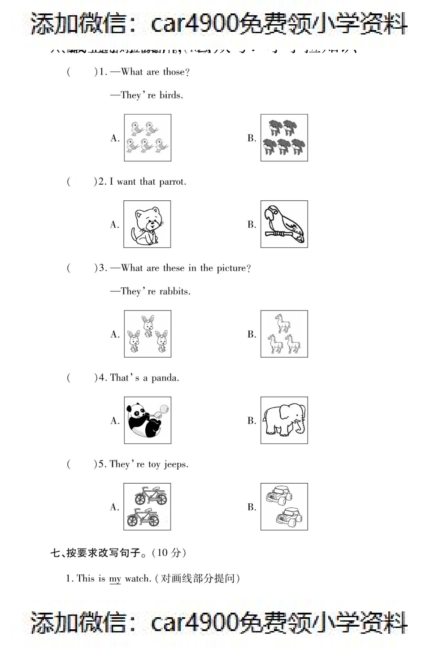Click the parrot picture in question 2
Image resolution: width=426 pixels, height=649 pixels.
tap(284, 224)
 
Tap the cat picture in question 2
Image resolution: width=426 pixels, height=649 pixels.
tap(147, 224)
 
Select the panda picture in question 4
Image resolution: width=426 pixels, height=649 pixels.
tap(147, 420)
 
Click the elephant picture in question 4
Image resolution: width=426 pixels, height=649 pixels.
tap(284, 420)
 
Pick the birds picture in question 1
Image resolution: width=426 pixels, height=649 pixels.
tap(147, 138)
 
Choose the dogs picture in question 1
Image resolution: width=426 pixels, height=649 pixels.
tap(284, 138)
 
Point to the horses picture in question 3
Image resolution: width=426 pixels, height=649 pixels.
tap(284, 334)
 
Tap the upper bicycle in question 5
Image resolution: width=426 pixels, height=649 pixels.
tap(150, 496)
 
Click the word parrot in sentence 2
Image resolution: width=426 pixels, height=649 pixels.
tap(172, 182)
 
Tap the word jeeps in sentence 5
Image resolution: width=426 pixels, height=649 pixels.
tap(176, 465)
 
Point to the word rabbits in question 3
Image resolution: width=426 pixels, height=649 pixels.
tap(175, 292)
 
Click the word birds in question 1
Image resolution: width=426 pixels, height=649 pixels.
tap(171, 95)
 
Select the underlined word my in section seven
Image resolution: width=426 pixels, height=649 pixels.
tap(115, 579)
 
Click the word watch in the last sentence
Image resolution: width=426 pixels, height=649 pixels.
tap(138, 579)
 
